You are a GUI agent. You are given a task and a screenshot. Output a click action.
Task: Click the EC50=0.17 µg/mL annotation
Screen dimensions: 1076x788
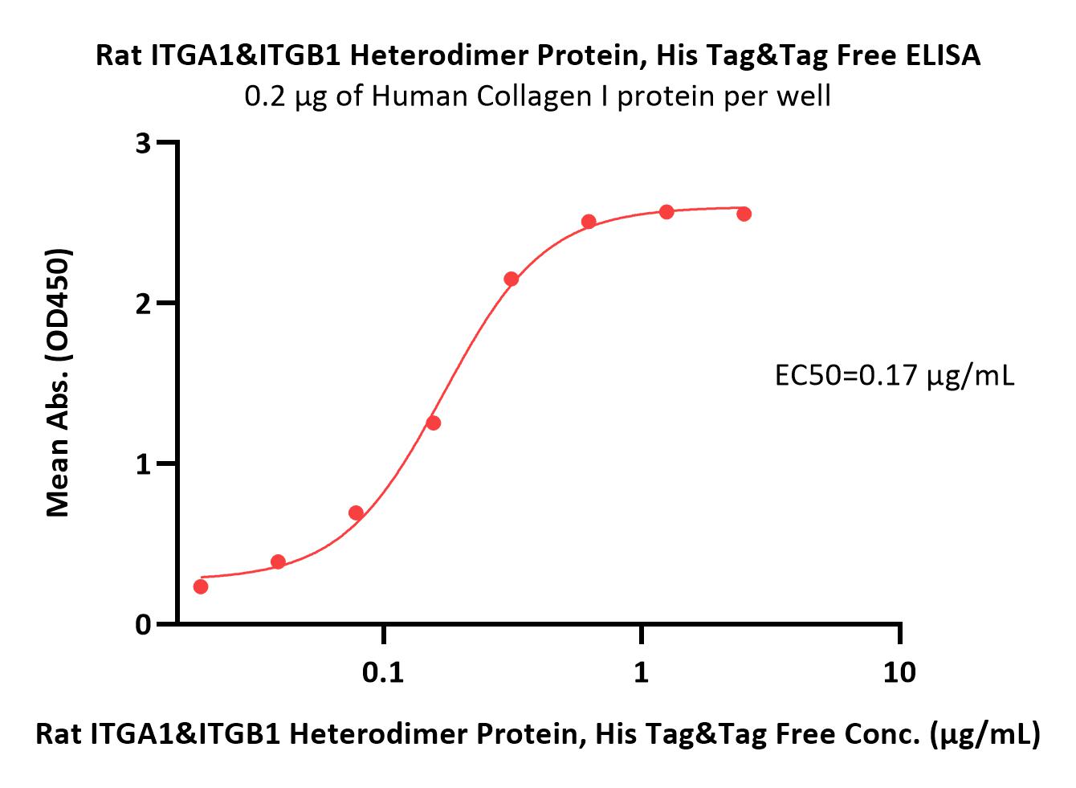pyautogui.click(x=895, y=376)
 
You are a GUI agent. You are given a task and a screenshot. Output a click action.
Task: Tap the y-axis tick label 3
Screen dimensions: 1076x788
pyautogui.click(x=143, y=143)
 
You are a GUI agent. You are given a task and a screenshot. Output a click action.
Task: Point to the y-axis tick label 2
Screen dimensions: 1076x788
pyautogui.click(x=143, y=304)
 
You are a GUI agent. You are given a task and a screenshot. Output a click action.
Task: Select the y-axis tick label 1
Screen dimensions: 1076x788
pyautogui.click(x=143, y=464)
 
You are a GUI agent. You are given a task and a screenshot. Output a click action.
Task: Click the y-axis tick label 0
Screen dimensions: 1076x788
pyautogui.click(x=143, y=625)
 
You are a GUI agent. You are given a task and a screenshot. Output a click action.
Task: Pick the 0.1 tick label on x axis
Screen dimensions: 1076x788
pyautogui.click(x=383, y=672)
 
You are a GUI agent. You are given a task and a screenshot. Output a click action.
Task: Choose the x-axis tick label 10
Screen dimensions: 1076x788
pyautogui.click(x=899, y=672)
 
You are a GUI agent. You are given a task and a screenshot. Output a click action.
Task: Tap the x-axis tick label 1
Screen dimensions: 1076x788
pyautogui.click(x=642, y=672)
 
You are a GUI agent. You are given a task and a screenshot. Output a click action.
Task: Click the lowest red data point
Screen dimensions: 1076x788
pyautogui.click(x=201, y=586)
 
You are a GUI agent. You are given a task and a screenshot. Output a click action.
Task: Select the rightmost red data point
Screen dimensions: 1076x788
pyautogui.click(x=744, y=214)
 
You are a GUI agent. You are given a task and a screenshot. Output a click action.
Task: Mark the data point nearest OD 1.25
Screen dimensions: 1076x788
pyautogui.click(x=434, y=423)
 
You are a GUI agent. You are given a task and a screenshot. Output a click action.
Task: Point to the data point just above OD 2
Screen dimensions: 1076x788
pyautogui.click(x=512, y=279)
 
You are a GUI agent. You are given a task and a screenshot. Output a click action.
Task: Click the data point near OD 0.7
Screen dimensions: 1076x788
pyautogui.click(x=356, y=512)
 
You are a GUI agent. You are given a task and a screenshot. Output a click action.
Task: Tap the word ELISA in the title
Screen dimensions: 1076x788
pyautogui.click(x=943, y=55)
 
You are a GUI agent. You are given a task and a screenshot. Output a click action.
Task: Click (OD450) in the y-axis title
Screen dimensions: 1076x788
pyautogui.click(x=58, y=304)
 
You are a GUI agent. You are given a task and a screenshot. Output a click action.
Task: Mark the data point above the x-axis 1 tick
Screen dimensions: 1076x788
pyautogui.click(x=666, y=211)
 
